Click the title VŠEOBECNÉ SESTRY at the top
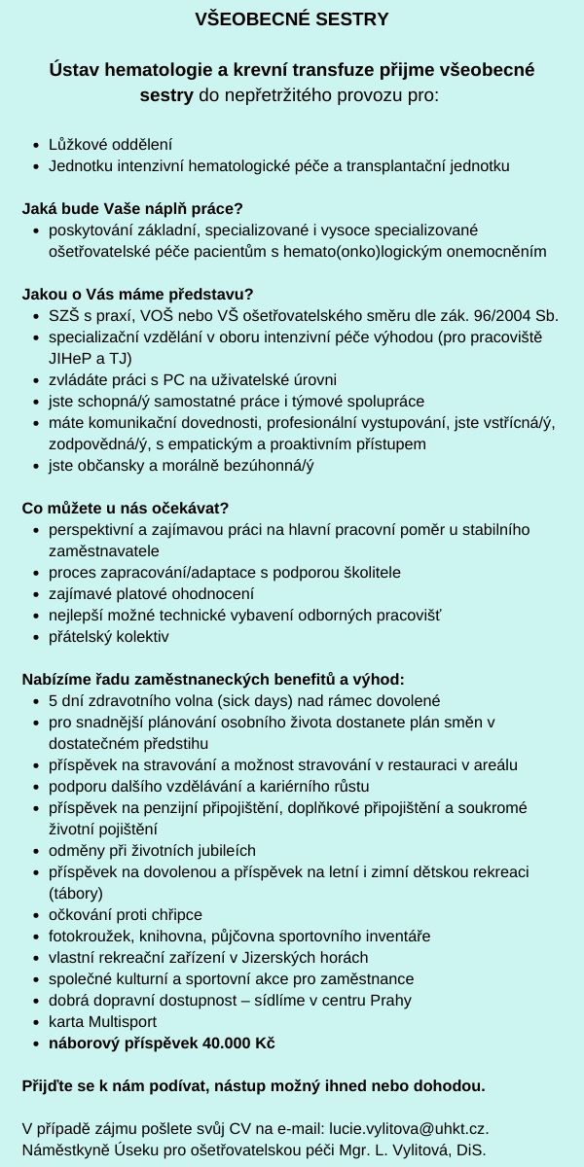coord(292,18)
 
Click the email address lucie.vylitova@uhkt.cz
coord(409,1128)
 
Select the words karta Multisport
coord(102,1021)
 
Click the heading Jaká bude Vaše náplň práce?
coord(131,208)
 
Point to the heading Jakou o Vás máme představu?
coord(137,294)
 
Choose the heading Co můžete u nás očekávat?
coord(126,508)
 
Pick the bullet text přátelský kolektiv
coord(108,636)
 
